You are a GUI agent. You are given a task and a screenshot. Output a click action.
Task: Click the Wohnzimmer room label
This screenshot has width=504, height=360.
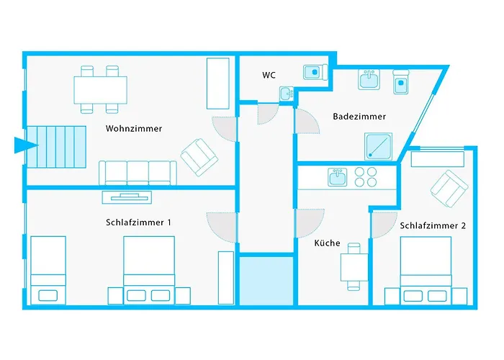point(133,129)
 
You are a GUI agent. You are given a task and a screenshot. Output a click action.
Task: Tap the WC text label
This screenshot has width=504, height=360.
point(269,75)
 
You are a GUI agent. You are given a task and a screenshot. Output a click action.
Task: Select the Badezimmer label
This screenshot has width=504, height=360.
point(359,116)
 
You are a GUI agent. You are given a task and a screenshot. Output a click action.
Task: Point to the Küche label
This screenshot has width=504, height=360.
point(327,243)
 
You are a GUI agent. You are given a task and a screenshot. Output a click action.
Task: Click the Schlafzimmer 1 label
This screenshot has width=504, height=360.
point(138,222)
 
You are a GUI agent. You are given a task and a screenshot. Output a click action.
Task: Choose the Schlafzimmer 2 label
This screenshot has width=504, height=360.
point(432,225)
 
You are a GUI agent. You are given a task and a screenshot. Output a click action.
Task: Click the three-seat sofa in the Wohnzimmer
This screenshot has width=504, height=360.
point(137,173)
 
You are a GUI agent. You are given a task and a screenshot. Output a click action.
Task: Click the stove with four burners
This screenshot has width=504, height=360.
point(366,176)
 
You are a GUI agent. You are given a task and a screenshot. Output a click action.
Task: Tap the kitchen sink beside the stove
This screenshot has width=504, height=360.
point(337,176)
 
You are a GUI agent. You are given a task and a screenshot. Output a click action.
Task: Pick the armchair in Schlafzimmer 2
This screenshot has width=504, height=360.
point(449,186)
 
